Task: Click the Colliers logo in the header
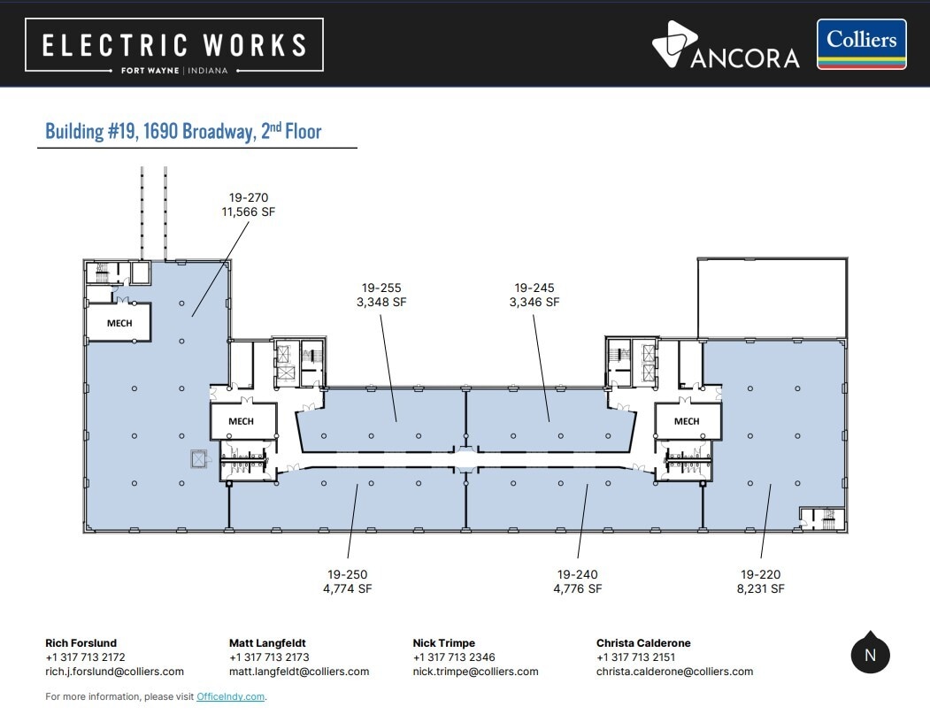pos(861,44)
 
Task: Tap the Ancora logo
pos(726,45)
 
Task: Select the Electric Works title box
pos(174,45)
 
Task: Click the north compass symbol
pos(870,653)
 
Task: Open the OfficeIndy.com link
pos(230,696)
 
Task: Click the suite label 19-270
pos(249,197)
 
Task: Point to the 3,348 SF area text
pos(381,302)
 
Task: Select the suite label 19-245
pos(534,288)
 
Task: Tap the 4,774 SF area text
pos(348,588)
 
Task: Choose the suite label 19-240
pos(578,574)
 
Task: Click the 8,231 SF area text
pos(760,588)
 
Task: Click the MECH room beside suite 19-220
pos(688,421)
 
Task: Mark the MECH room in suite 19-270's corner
pos(119,323)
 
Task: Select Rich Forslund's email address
pos(114,672)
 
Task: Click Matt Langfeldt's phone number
pos(269,657)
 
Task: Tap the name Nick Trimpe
pos(443,643)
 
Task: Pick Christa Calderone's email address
pos(675,672)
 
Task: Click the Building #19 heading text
pos(183,131)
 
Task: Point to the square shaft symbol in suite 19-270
pos(198,458)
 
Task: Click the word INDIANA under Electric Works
pos(208,71)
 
